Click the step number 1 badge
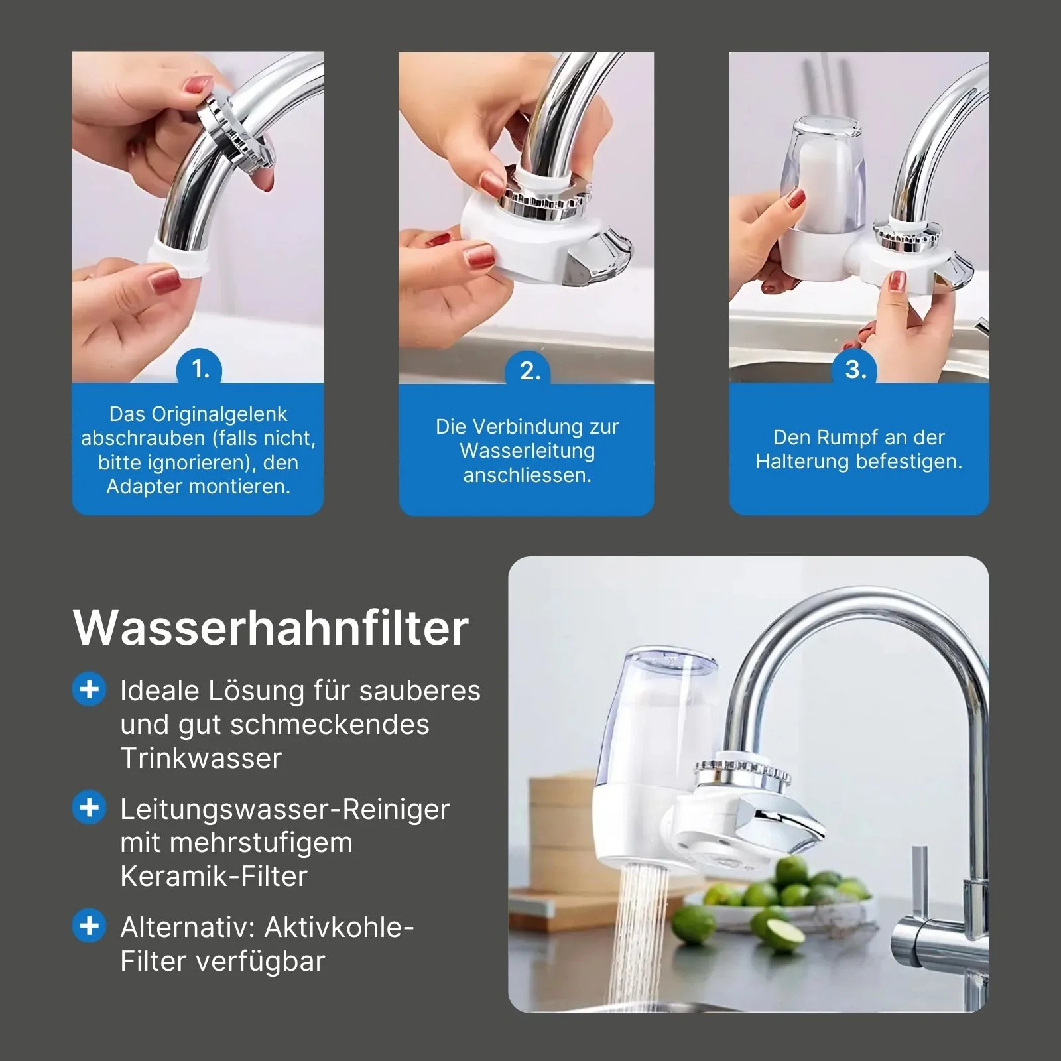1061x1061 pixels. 199,369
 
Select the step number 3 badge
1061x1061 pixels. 855,369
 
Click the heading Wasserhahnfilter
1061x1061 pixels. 271,627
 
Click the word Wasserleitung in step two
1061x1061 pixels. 527,451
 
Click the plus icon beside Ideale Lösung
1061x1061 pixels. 89,690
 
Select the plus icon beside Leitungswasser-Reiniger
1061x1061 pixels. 89,808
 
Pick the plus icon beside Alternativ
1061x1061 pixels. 89,926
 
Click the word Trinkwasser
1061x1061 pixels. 201,758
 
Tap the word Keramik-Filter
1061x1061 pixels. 214,876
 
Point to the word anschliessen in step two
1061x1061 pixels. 527,475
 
